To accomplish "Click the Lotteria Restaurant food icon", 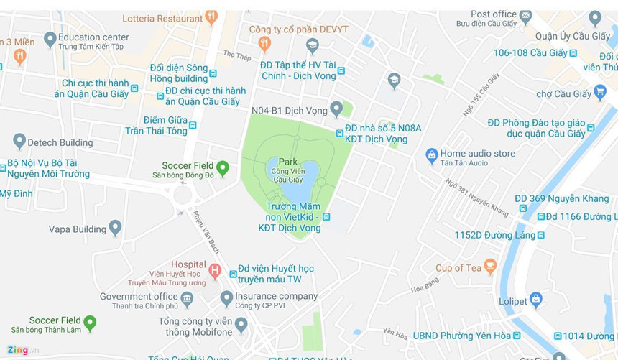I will (x=211, y=17).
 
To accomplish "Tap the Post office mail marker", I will (x=525, y=15).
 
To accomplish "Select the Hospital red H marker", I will (x=214, y=271).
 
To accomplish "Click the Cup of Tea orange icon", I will (x=490, y=267).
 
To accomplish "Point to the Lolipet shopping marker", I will (x=535, y=300).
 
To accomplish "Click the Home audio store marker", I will (x=432, y=154).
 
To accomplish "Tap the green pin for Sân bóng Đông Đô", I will (x=223, y=168).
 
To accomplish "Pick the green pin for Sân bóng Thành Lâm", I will (x=90, y=323).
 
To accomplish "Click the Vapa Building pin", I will (x=115, y=228).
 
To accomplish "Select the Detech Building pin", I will (x=19, y=141).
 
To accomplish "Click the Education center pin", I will (x=50, y=39).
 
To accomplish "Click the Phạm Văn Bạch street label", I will (x=206, y=231).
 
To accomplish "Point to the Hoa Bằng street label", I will (x=425, y=286).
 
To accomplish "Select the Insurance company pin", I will (x=226, y=297).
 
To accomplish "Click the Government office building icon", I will (x=187, y=298).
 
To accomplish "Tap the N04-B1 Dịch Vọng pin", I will (x=336, y=109).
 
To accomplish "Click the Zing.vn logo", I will (x=23, y=350).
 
